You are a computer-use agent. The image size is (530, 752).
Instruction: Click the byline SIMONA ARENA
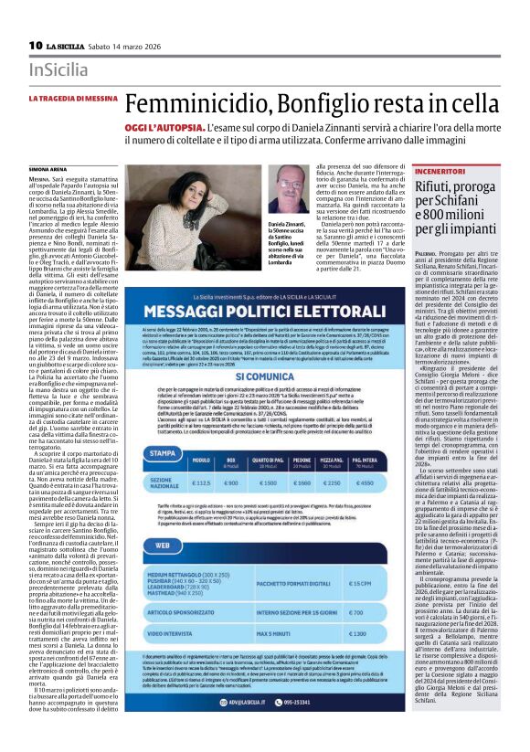pyautogui.click(x=48, y=170)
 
